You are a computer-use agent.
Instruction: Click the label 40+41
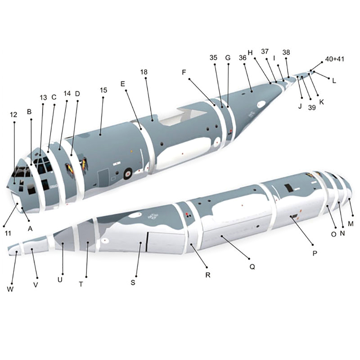pyautogui.click(x=334, y=59)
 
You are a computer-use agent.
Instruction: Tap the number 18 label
pyautogui.click(x=144, y=72)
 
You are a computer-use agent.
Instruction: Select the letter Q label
pyautogui.click(x=252, y=267)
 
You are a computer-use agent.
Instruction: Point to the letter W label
pyautogui.click(x=10, y=289)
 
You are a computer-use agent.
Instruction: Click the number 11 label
pyautogui.click(x=8, y=234)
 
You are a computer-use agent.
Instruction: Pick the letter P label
pyautogui.click(x=315, y=253)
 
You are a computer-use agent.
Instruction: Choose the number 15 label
pyautogui.click(x=103, y=90)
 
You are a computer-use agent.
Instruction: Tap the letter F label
pyautogui.click(x=184, y=72)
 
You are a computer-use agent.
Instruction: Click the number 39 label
pyautogui.click(x=312, y=108)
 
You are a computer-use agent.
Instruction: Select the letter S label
pyautogui.click(x=133, y=283)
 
